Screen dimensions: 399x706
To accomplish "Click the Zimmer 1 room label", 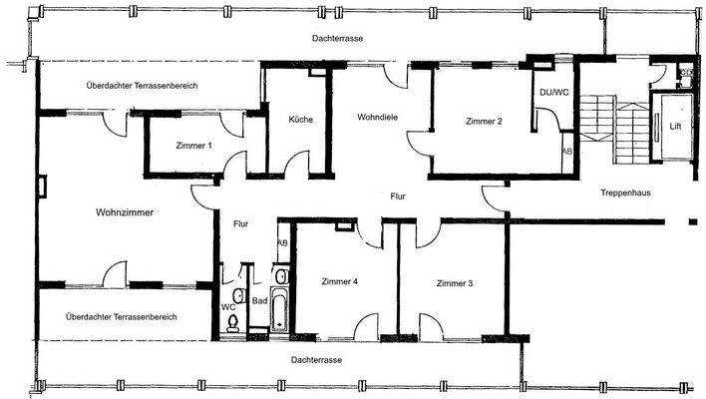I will point(193,147).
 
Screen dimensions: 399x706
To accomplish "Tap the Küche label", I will point(300,120).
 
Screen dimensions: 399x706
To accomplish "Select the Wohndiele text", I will point(378,118).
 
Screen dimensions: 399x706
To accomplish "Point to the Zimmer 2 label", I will point(483,122).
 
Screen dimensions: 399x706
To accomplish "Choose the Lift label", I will point(661,127).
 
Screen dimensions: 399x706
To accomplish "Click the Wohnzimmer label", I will point(125,212).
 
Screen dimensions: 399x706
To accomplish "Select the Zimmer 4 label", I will point(340,282).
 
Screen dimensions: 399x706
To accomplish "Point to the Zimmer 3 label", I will point(454,283).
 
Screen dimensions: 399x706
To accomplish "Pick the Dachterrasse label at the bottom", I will point(317,358).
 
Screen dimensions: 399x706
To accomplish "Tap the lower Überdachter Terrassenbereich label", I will point(121,317).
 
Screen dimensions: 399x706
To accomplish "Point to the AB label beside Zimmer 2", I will point(566,152).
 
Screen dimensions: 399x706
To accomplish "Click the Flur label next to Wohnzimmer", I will point(240,224).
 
